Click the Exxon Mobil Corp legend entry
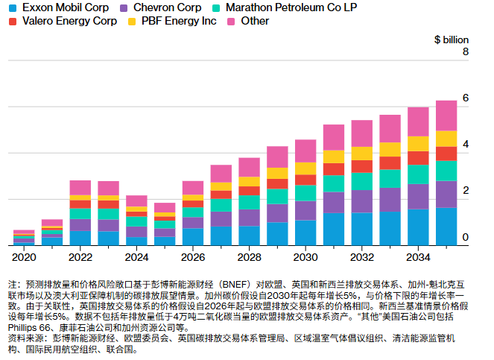[x=53, y=7]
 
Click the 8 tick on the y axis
[x=465, y=52]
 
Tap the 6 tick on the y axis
[x=465, y=98]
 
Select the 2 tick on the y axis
[x=465, y=192]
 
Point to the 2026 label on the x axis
[x=192, y=257]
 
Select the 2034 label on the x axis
[x=417, y=257]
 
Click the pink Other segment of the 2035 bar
[x=446, y=116]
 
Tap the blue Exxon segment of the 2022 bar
[x=80, y=238]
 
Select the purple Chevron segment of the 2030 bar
[x=305, y=210]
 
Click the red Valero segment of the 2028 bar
[x=249, y=191]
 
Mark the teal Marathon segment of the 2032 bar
[x=361, y=181]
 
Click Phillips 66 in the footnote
[x=29, y=327]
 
